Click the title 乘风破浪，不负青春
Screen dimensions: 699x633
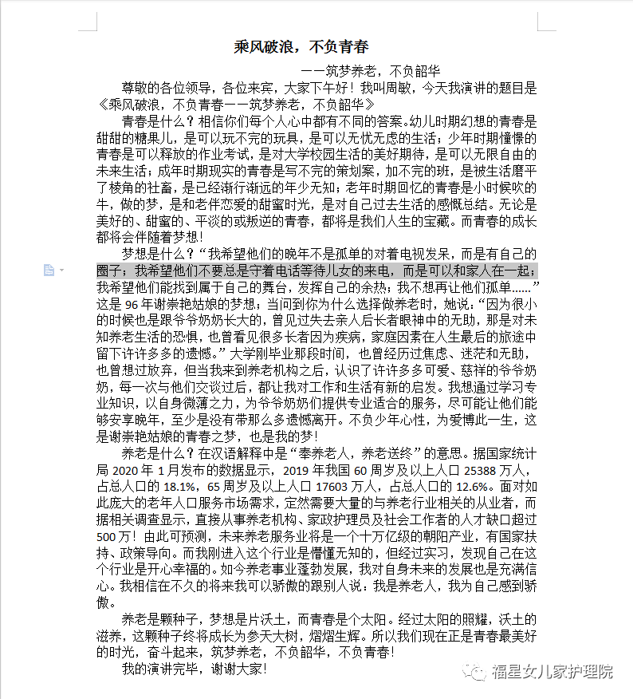[301, 46]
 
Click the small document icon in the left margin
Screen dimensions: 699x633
[49, 270]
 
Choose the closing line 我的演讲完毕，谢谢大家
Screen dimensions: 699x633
[193, 669]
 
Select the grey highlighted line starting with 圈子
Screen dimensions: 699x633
[316, 270]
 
